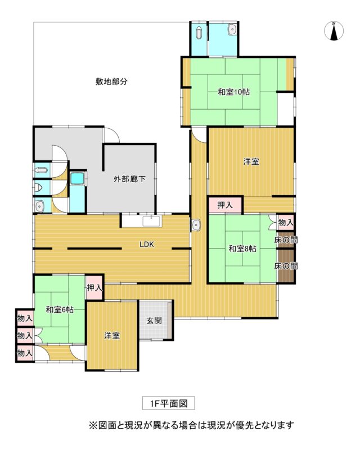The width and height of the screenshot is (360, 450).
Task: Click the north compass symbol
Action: pyautogui.click(x=334, y=31)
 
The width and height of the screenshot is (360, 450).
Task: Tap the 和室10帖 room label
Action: pyautogui.click(x=233, y=92)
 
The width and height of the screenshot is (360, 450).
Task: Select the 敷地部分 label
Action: pyautogui.click(x=111, y=82)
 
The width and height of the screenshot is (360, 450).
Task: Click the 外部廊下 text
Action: pyautogui.click(x=129, y=179)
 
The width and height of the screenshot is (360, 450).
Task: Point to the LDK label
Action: pyautogui.click(x=147, y=245)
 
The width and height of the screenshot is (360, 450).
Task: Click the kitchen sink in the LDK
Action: pyautogui.click(x=151, y=221)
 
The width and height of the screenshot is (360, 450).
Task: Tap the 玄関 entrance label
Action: pyautogui.click(x=154, y=320)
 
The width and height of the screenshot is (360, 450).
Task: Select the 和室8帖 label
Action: pyautogui.click(x=242, y=249)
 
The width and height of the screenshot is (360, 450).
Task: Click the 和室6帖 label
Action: pyautogui.click(x=60, y=310)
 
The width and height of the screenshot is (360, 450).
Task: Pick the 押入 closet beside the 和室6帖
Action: pyautogui.click(x=94, y=288)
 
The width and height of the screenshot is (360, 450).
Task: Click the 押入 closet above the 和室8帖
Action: pyautogui.click(x=226, y=205)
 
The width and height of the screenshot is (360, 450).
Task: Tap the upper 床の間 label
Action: pyautogui.click(x=286, y=240)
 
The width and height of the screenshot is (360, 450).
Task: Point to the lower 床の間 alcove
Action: pyautogui.click(x=286, y=266)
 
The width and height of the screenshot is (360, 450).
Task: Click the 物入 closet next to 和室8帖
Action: pyautogui.click(x=286, y=222)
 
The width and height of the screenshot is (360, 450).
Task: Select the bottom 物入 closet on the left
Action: pyautogui.click(x=25, y=353)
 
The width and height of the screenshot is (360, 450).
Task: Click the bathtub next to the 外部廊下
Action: pyautogui.click(x=78, y=178)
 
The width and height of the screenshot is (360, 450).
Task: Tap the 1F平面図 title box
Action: pyautogui.click(x=169, y=403)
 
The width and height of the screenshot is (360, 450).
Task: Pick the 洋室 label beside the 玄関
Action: pyautogui.click(x=112, y=335)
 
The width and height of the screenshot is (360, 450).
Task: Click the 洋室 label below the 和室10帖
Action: pyautogui.click(x=251, y=161)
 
